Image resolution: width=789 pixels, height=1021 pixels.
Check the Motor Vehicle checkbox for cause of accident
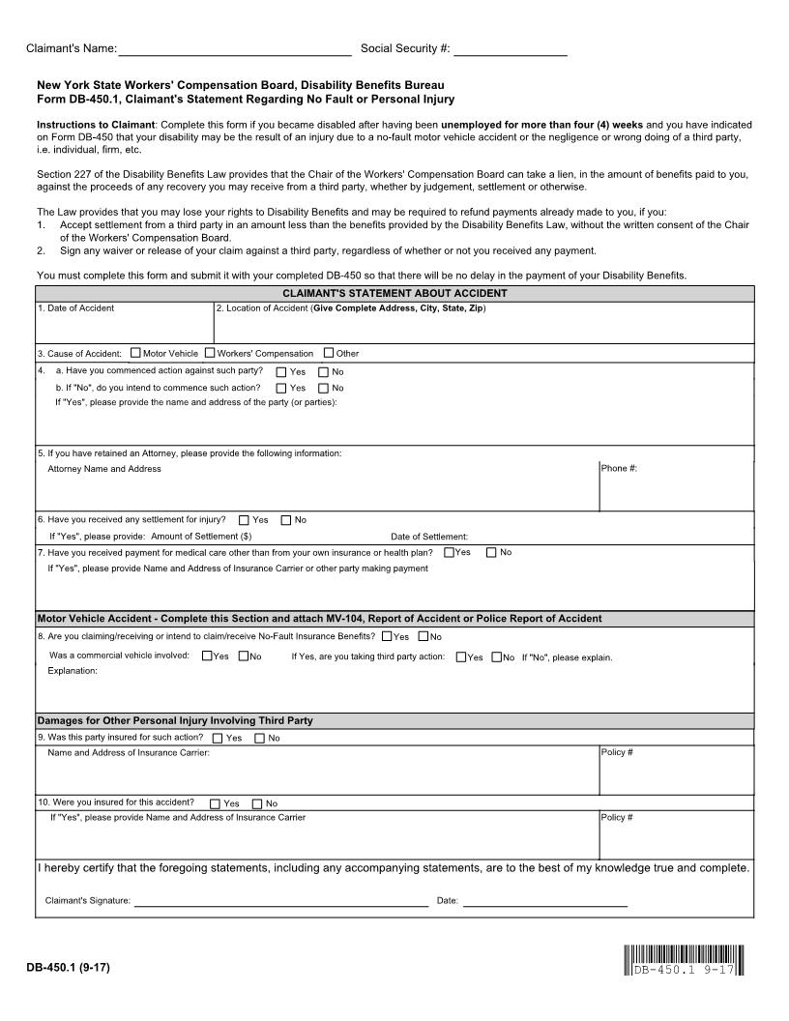135,353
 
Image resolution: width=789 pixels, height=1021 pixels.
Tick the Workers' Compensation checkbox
210,353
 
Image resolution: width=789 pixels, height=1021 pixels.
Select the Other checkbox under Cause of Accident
329,353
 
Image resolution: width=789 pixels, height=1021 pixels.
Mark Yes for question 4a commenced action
281,371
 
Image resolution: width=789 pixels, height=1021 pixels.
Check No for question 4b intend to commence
324,388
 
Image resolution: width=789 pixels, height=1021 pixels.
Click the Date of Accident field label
75,308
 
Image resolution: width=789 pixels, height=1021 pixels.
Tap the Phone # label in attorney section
619,469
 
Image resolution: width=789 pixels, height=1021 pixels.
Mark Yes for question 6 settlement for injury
244,520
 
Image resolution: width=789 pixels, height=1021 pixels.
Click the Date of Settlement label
429,537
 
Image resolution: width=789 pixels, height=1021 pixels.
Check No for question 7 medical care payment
491,552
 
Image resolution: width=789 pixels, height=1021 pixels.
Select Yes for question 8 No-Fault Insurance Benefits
387,636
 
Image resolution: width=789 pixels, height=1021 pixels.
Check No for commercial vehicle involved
244,657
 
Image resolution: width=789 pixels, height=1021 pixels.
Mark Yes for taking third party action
460,657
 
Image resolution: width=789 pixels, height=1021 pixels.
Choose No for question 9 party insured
259,739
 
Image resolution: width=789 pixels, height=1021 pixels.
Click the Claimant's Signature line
280,901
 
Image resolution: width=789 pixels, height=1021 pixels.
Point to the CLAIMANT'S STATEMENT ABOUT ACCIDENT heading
394,293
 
